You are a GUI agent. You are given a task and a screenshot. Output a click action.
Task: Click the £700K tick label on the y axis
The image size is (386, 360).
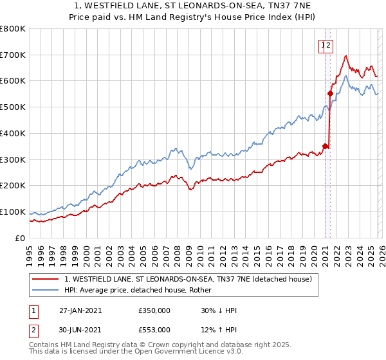pos(13,55)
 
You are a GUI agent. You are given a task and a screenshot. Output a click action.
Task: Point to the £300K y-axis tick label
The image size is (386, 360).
pos(13,159)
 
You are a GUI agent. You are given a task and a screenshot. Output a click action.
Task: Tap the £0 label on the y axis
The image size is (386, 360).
pos(19,238)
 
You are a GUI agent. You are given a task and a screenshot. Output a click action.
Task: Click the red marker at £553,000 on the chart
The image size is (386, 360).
pos(330,93)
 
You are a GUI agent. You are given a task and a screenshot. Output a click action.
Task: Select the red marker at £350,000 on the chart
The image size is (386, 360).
pos(325,146)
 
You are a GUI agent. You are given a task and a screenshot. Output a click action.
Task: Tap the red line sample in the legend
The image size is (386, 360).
pos(46,279)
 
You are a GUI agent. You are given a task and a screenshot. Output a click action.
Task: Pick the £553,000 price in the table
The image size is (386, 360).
pos(154,330)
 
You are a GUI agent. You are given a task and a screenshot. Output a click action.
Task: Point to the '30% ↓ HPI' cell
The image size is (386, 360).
pos(219,310)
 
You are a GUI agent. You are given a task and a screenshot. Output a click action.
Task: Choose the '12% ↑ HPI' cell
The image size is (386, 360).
pos(219,330)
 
